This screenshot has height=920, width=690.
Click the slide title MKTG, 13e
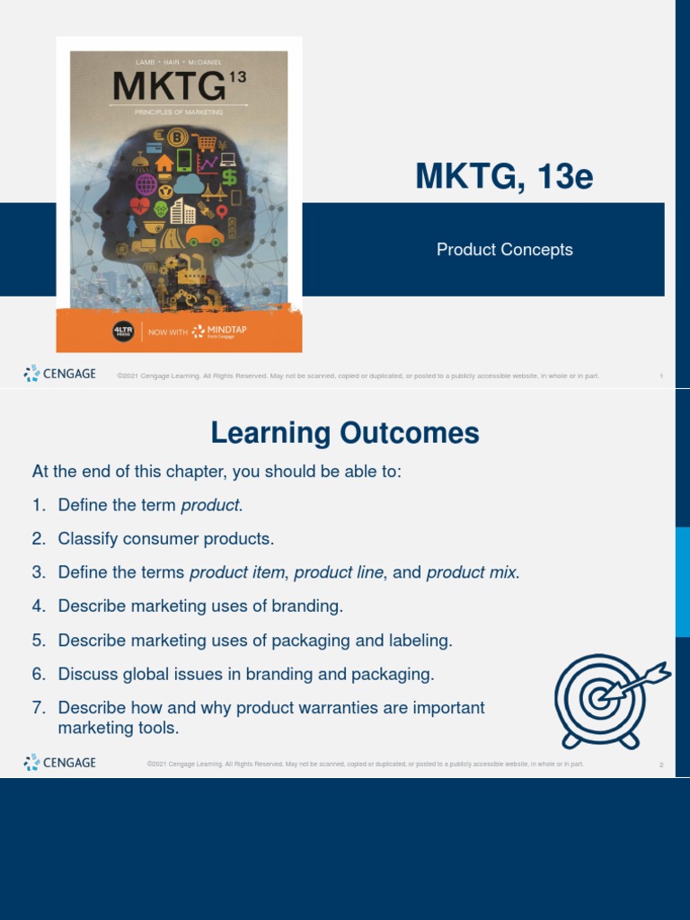(x=504, y=177)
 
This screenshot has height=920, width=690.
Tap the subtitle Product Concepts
(x=504, y=250)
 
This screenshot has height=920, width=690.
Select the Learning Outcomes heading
(x=345, y=434)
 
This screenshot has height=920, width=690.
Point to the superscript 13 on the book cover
(x=237, y=78)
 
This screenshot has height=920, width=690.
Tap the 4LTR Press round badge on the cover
(x=123, y=332)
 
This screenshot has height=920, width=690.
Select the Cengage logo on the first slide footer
(x=60, y=374)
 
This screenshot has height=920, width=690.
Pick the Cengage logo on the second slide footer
(x=60, y=763)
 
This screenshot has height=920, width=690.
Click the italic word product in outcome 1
(x=210, y=505)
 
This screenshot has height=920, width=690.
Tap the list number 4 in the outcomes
(x=39, y=606)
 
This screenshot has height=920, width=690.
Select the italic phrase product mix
(x=472, y=572)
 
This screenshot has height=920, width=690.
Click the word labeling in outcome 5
(x=420, y=641)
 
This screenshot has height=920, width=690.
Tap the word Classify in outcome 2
(x=86, y=539)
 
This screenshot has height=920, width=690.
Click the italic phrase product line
(x=340, y=572)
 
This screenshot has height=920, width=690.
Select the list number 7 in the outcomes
(x=39, y=708)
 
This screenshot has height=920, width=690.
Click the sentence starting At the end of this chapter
(x=216, y=472)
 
